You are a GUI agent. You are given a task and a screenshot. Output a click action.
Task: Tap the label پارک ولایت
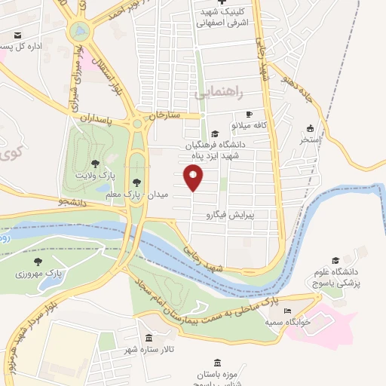(95, 175)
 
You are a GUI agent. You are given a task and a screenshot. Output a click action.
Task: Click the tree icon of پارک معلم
(136, 182)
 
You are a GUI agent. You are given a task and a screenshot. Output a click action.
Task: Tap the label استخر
(310, 139)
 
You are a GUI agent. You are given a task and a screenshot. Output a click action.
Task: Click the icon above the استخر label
(310, 128)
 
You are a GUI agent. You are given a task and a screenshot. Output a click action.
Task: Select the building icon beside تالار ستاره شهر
(149, 339)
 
